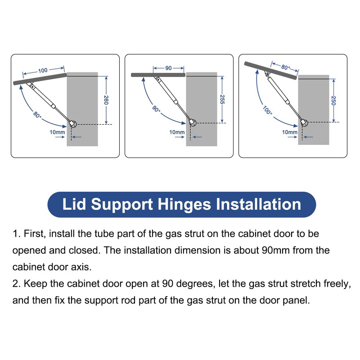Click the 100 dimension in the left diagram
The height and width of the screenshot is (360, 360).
pos(43,71)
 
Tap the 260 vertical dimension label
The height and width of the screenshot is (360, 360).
pos(106,99)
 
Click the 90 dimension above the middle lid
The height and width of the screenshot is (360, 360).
pos(168,68)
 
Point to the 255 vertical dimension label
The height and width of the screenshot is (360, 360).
pos(222,99)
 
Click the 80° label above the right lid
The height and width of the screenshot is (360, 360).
pos(285,67)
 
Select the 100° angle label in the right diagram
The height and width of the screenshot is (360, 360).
pos(268,110)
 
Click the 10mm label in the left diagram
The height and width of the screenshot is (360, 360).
pos(57,132)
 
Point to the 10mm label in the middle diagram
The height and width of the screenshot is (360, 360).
pos(177,132)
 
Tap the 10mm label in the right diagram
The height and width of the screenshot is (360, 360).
pos(289,132)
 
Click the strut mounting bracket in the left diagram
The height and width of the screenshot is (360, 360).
pos(73,123)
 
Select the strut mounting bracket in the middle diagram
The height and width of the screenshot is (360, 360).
pos(192,122)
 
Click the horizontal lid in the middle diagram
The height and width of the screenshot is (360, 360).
pos(158,75)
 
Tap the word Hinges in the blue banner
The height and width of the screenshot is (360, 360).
pos(184,204)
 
